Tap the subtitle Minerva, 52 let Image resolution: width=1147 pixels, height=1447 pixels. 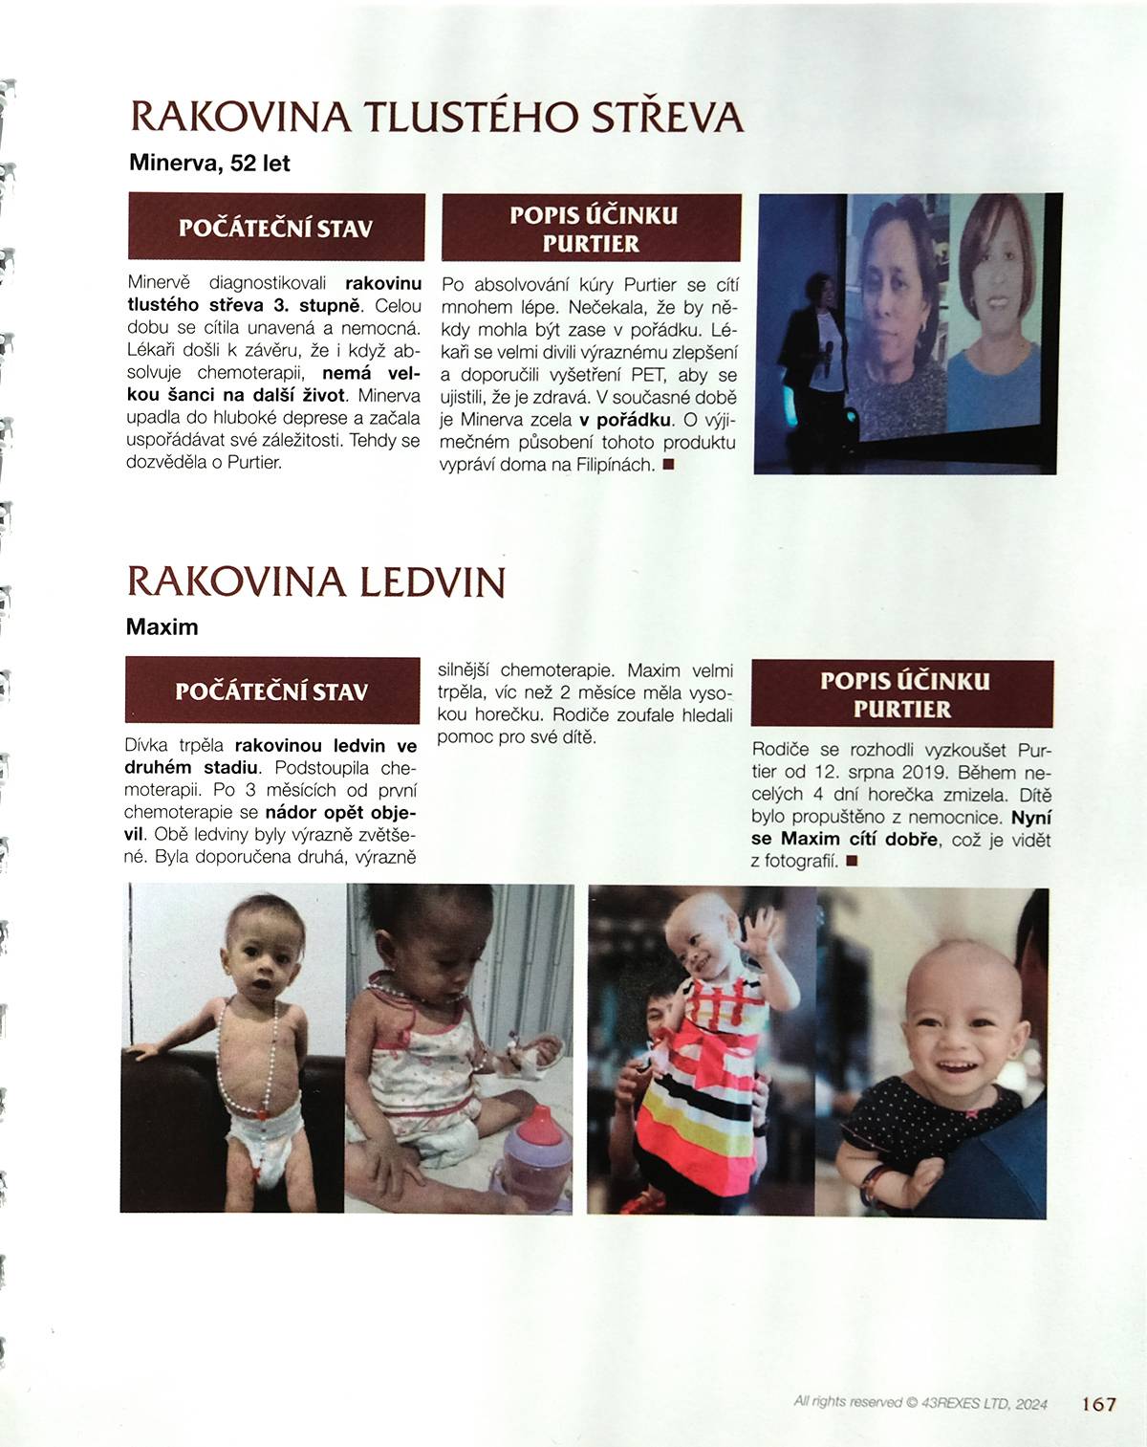pos(209,164)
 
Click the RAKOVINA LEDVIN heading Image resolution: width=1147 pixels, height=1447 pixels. pos(315,581)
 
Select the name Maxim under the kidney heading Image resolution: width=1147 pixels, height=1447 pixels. pos(162,627)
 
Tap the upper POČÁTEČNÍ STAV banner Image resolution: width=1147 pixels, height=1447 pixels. pos(276,228)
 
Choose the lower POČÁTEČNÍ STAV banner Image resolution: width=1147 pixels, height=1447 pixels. pos(272,691)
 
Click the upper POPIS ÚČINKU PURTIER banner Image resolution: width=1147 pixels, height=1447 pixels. pos(592,228)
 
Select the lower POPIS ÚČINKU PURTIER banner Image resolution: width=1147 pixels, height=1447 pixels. pos(903,694)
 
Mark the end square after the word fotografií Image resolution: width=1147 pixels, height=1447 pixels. pos(852,861)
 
